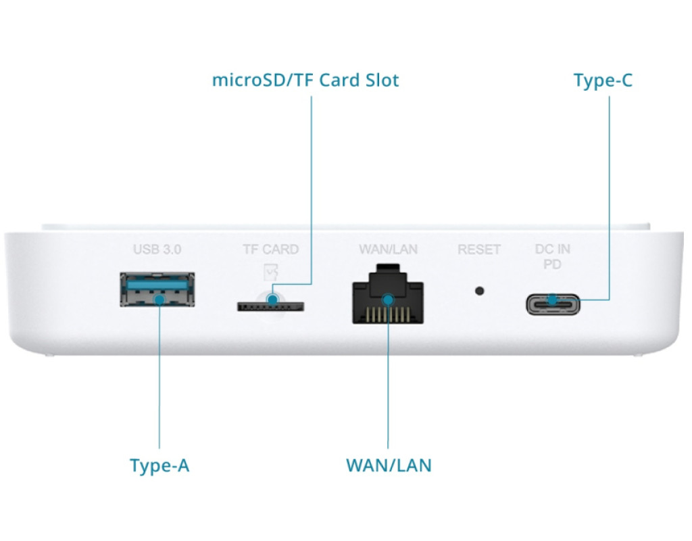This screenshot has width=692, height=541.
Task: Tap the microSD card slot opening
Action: [270, 306]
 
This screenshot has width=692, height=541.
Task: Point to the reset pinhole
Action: [480, 291]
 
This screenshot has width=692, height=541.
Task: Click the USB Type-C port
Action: [553, 304]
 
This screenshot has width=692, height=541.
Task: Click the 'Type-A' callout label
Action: [159, 466]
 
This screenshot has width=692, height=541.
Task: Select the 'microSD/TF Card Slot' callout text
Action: [305, 80]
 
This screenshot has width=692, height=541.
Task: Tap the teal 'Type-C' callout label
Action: [603, 80]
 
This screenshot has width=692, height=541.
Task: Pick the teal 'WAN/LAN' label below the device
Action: [389, 466]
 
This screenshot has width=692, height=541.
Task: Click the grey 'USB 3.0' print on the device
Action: [157, 250]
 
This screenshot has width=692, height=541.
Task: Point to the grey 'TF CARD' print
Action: [270, 250]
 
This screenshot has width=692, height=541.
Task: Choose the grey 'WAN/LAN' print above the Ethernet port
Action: [388, 250]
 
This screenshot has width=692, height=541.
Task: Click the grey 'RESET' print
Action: [479, 250]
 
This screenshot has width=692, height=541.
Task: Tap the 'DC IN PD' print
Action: [553, 256]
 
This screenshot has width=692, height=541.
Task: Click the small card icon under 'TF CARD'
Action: [271, 270]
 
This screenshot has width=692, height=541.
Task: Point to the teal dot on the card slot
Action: [272, 298]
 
